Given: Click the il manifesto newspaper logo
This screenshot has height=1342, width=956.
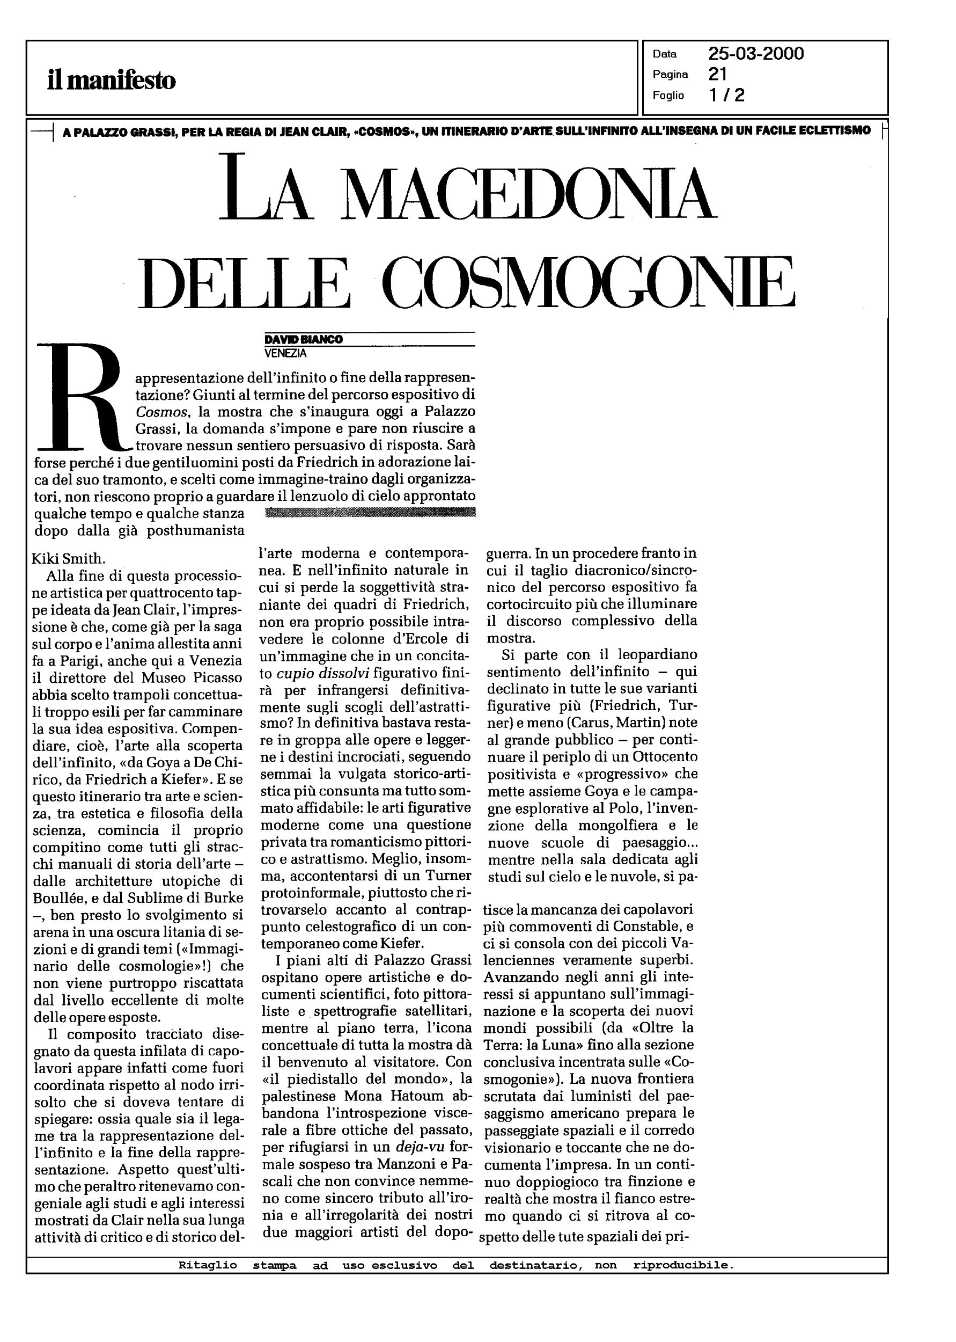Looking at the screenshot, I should pos(111,80).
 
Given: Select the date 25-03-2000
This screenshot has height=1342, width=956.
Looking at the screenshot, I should pos(756,54).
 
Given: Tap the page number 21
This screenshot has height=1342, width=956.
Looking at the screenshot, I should pos(718,74).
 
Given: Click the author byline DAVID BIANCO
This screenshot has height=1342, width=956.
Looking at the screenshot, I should pos(303,340).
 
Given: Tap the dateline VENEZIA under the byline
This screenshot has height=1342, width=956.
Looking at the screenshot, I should pos(285,353).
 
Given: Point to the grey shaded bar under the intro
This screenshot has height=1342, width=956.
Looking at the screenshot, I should pos(370,512).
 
